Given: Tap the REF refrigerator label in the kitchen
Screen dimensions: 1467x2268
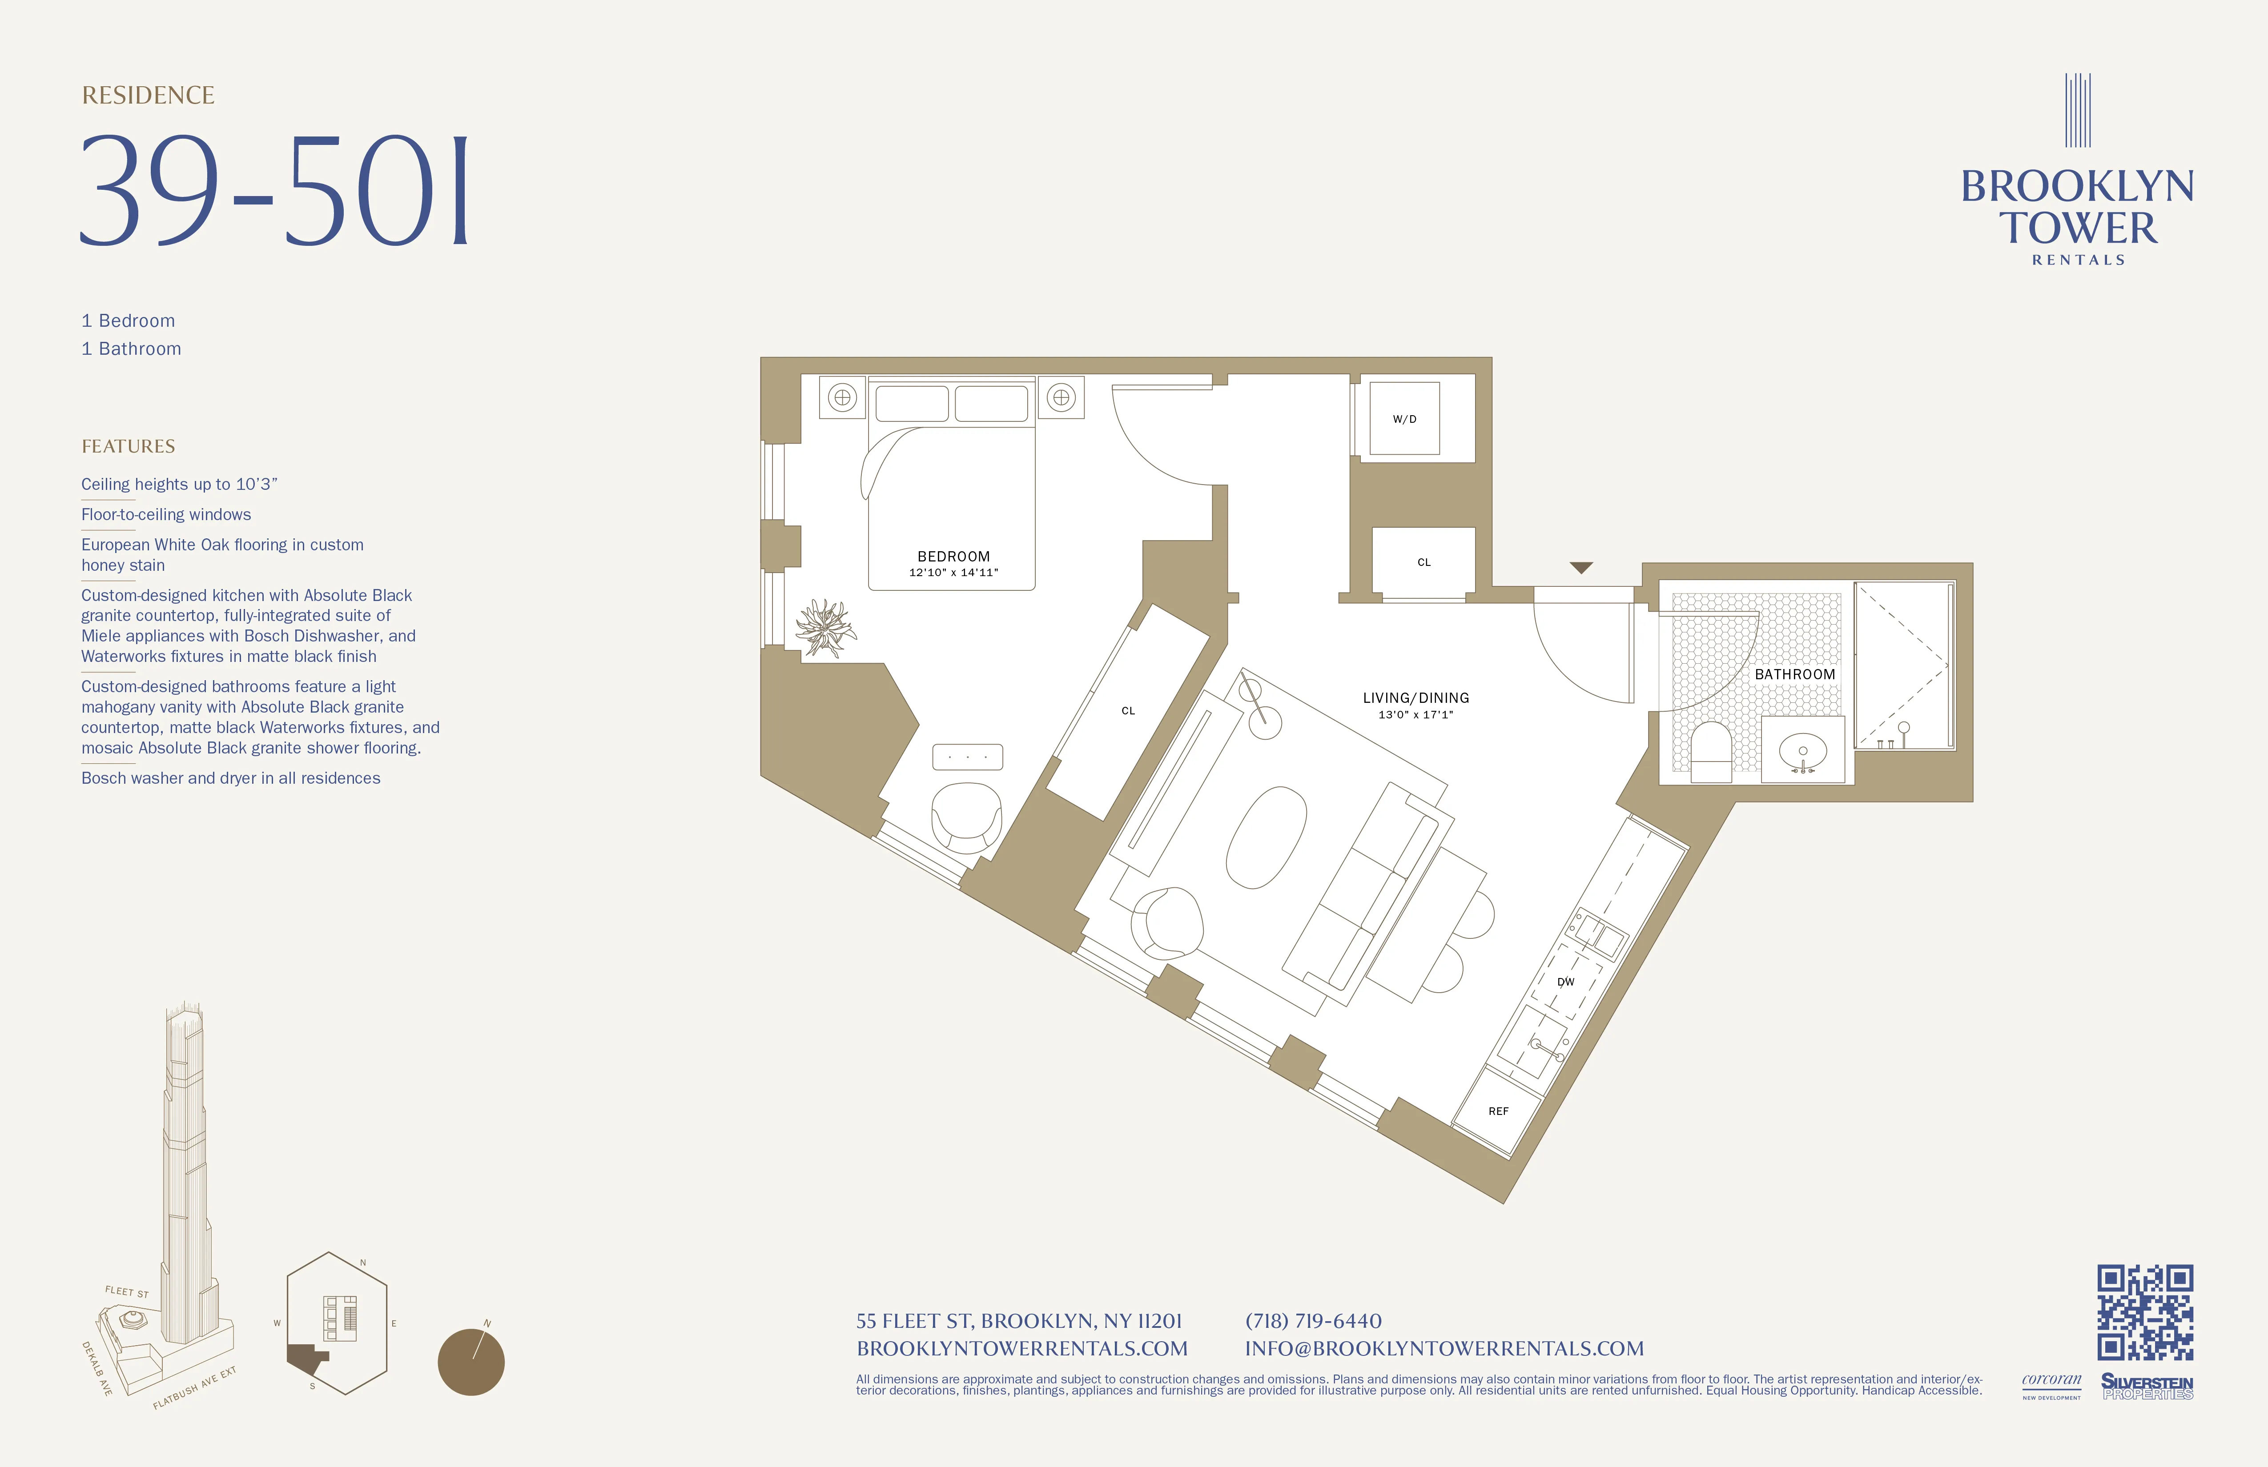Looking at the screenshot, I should pos(1498,1111).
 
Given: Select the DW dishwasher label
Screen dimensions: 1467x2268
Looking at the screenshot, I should pos(1566,981).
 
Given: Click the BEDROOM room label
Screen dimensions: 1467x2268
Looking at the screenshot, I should pos(953,556).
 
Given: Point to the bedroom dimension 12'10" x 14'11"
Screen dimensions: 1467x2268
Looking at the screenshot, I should pos(953,573).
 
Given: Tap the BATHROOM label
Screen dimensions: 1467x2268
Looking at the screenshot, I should pos(1794,674).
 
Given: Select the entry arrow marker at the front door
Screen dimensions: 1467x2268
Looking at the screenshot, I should pos(1581,568).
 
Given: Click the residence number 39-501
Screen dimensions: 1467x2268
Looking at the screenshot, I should pos(274,191).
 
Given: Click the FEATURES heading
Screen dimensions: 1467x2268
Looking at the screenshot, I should pos(128,447).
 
